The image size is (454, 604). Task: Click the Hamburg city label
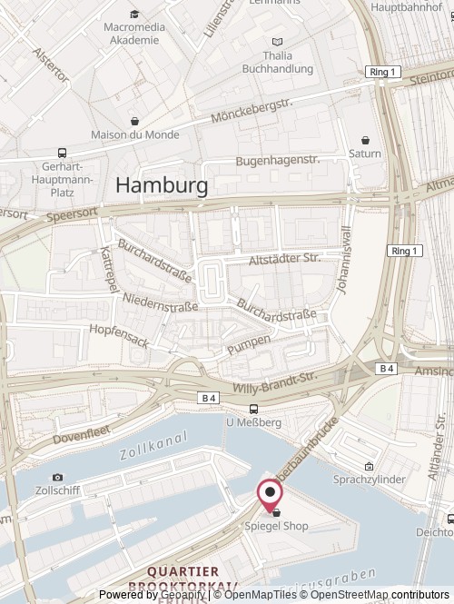162,185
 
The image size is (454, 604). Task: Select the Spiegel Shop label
274,526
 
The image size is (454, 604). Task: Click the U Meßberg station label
253,421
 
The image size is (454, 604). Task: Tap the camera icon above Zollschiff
58,478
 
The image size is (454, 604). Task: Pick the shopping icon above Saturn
365,141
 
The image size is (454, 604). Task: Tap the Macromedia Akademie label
134,34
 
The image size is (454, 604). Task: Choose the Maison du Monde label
134,135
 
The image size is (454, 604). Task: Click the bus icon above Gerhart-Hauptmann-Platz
62,153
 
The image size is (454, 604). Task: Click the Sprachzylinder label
371,476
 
